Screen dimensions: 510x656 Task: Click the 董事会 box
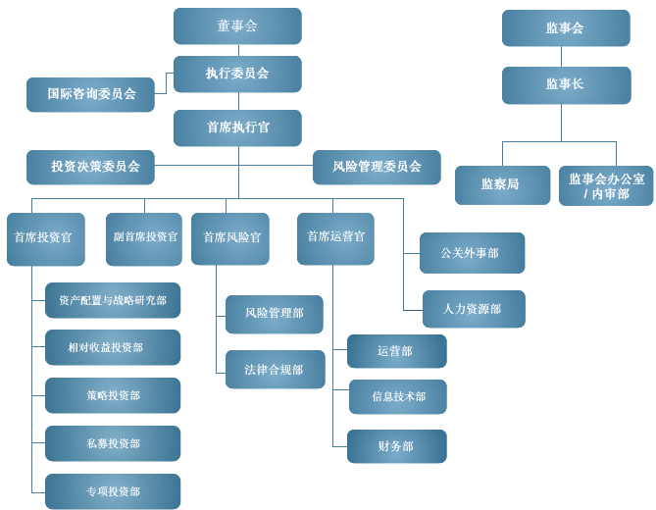237,26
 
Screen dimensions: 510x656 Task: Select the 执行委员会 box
237,74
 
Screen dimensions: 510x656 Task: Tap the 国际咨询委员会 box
90,95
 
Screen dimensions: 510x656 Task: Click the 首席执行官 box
237,127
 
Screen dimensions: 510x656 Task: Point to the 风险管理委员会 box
377,167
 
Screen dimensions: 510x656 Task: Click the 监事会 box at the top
566,28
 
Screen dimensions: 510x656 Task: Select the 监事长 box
566,85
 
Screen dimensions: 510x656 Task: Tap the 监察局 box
502,184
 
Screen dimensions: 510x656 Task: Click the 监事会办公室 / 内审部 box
606,185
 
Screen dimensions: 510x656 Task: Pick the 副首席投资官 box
144,238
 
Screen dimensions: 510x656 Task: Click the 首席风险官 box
230,238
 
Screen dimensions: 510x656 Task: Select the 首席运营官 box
335,238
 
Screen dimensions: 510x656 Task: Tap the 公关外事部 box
472,253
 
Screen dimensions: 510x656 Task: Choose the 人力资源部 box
474,309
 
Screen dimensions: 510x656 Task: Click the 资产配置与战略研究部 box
113,300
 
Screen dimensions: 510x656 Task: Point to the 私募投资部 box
113,443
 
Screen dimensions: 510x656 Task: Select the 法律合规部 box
275,370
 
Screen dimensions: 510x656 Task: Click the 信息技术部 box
397,397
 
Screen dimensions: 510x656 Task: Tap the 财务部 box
397,446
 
